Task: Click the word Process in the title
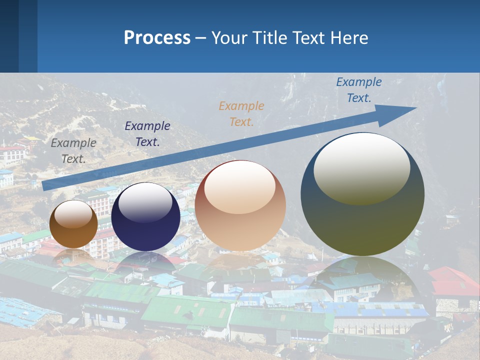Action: pos(157,38)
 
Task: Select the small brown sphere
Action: pos(73,224)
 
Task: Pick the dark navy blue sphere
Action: pos(145,216)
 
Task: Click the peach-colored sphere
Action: pos(240,205)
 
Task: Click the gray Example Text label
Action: pos(73,150)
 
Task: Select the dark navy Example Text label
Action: pos(147,134)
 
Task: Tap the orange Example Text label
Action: pos(241,113)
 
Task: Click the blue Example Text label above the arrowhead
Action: pos(358,90)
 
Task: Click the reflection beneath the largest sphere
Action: pos(362,280)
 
